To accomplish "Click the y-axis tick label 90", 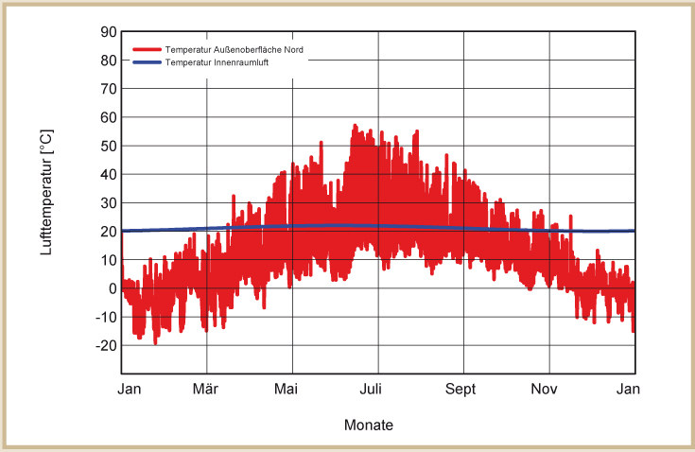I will (x=107, y=32).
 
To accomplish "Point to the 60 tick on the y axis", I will (x=107, y=117).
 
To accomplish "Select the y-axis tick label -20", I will (x=104, y=346).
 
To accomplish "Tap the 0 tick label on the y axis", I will (x=111, y=288).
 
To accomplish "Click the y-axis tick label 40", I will (x=107, y=175).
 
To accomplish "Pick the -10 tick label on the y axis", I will (x=104, y=318).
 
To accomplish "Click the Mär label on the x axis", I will (x=206, y=389).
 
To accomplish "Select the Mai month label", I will (x=292, y=389).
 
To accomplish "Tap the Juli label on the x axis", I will (x=377, y=389).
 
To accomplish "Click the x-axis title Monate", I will (x=368, y=426).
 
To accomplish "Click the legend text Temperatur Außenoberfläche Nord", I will (x=233, y=49).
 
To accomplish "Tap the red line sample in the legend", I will (x=146, y=49).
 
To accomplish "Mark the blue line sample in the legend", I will (x=146, y=62).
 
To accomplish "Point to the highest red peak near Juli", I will (x=356, y=125).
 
